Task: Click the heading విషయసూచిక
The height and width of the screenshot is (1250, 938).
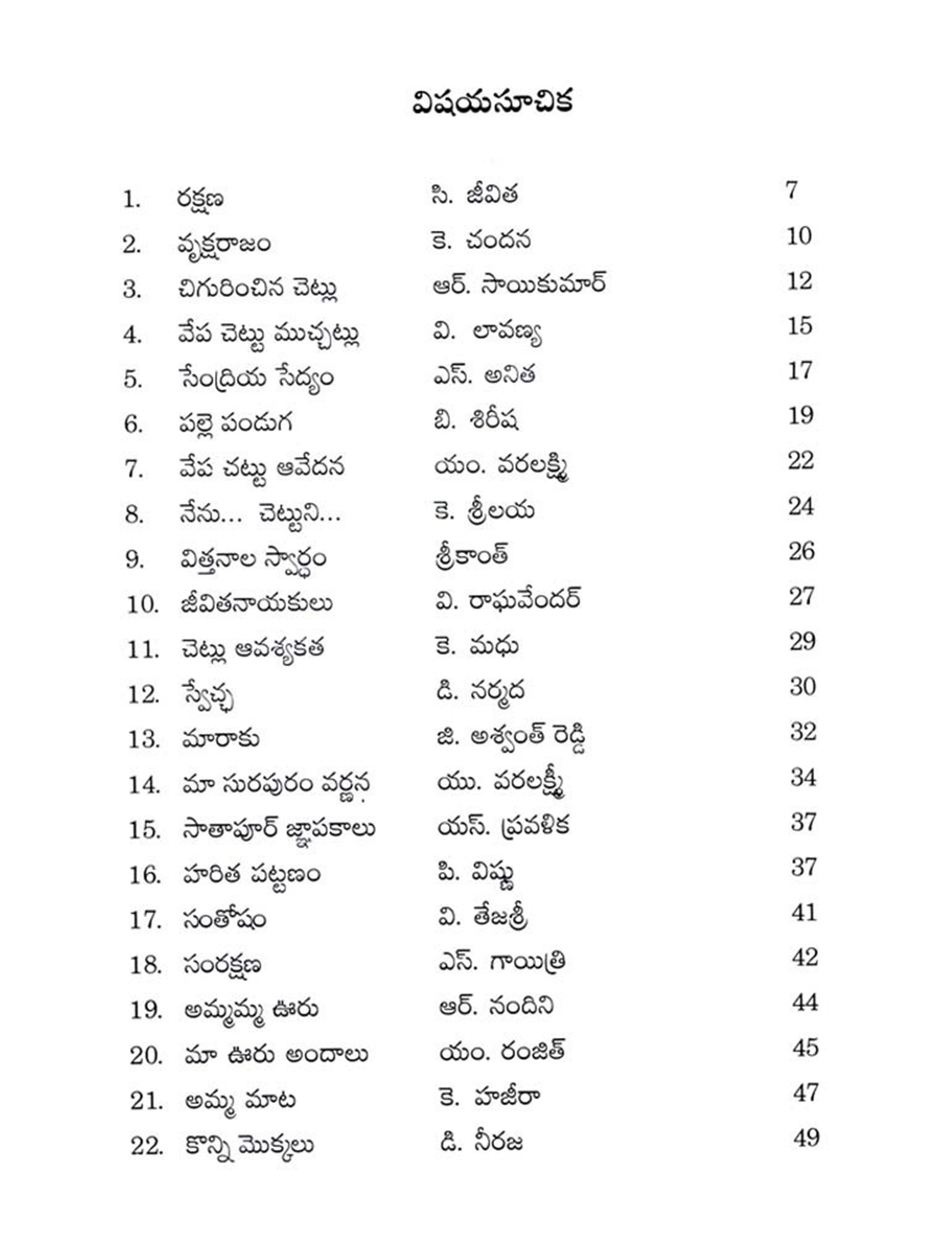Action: (492, 102)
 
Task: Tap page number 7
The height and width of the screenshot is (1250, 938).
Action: (791, 189)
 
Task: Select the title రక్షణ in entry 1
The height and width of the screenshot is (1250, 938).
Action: (200, 199)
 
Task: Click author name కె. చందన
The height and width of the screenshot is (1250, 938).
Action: (480, 241)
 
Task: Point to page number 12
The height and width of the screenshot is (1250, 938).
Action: (799, 281)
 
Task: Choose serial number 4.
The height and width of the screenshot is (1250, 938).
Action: (132, 335)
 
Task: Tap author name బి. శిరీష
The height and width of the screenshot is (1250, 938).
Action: (476, 421)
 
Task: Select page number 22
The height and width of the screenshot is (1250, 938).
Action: (800, 461)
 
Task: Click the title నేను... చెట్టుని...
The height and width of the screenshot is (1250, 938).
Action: (260, 514)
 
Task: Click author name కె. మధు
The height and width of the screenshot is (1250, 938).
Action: (477, 646)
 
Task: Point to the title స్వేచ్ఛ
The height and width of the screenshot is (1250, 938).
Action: (208, 696)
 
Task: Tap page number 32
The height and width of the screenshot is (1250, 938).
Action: (803, 731)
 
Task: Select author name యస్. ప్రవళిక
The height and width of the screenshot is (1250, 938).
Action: (503, 826)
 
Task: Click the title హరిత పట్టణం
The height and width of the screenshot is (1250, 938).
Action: (251, 874)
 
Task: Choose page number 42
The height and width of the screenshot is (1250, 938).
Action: (804, 957)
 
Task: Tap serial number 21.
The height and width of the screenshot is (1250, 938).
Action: (146, 1101)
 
